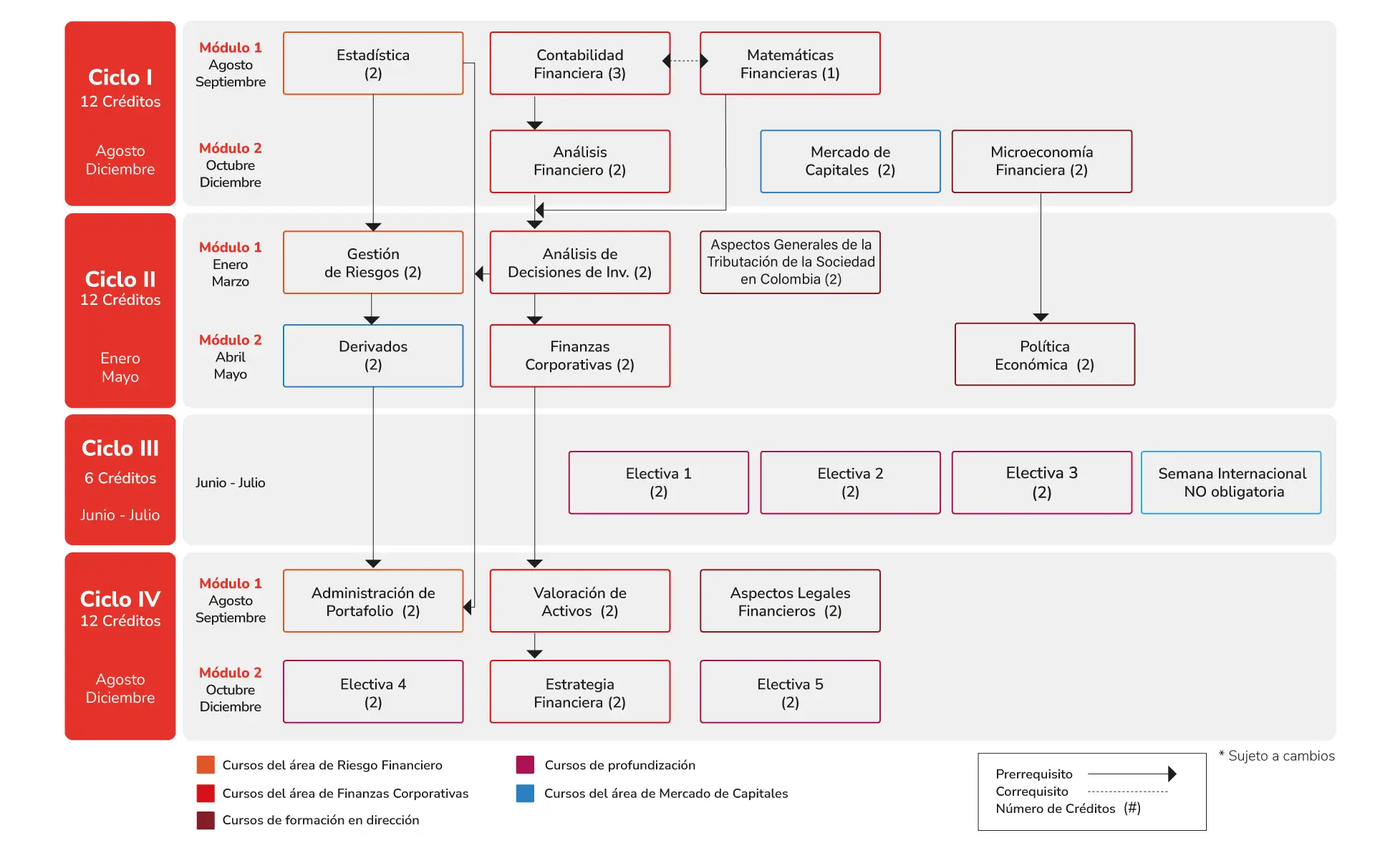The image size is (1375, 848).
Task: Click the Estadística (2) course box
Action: [373, 63]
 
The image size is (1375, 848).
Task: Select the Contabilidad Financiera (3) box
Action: [580, 63]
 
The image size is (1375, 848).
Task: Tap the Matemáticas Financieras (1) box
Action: [790, 63]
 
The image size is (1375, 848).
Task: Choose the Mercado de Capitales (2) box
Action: [850, 161]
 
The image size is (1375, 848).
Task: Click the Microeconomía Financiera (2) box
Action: [1042, 161]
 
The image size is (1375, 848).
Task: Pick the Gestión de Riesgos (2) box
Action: [373, 262]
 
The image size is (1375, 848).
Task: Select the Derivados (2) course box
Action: [373, 356]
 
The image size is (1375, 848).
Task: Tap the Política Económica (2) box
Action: [1045, 354]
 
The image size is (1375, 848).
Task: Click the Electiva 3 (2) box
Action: [1042, 482]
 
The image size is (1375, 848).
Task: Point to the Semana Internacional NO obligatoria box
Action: [1231, 482]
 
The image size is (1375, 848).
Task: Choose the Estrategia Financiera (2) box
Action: [580, 691]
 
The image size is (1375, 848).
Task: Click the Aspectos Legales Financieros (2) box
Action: [790, 600]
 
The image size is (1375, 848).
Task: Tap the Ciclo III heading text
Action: [120, 448]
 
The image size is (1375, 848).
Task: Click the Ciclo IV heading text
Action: [120, 599]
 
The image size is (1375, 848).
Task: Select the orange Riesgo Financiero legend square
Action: [206, 765]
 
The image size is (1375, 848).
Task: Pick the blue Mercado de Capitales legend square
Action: [525, 793]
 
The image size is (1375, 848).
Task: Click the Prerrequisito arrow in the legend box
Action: [1132, 774]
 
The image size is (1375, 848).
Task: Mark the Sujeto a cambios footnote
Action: [1277, 756]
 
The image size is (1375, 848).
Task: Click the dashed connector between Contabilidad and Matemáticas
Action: [685, 61]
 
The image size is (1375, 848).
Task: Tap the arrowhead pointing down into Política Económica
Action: [1041, 317]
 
